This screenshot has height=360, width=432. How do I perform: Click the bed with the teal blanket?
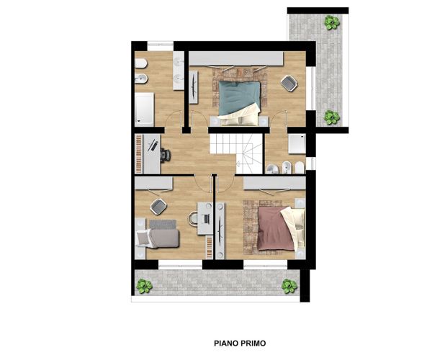point(239,103)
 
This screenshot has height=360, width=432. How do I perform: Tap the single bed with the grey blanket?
point(158,238)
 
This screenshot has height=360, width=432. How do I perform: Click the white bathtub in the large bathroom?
point(144,109)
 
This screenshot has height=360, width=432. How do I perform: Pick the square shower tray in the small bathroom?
point(297,144)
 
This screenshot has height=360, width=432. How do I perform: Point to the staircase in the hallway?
point(236,153)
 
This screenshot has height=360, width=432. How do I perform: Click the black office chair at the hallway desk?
point(166,154)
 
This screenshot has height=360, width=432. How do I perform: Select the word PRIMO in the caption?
point(253,343)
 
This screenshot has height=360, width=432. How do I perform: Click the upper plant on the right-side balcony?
point(332,22)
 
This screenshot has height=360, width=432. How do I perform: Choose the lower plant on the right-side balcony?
point(331,117)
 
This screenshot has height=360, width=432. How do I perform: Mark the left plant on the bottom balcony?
point(144,286)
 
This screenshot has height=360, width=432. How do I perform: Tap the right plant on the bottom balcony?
point(289,286)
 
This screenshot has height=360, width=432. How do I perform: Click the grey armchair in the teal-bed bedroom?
point(289,84)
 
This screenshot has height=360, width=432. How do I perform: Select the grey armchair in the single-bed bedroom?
point(158,207)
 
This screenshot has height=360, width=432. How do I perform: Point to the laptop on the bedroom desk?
point(205,219)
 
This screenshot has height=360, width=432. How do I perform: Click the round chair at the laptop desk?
point(193,219)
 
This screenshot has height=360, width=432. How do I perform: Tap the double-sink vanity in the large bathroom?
point(179,71)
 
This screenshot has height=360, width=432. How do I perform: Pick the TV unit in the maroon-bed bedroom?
point(220,231)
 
